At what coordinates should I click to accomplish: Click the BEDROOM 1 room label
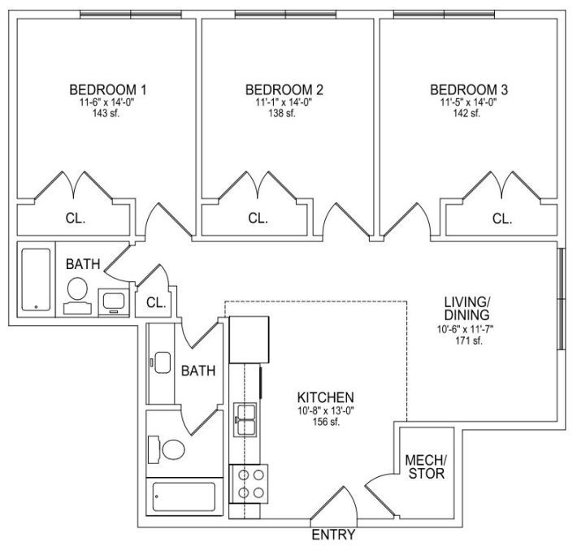coord(108,89)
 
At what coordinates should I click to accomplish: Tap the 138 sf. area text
coord(282,113)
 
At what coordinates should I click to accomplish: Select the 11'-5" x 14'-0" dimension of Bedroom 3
coord(468,102)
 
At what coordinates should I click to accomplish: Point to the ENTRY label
coord(333,535)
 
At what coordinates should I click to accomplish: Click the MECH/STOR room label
coord(426,466)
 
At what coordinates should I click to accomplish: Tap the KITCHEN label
coord(325,397)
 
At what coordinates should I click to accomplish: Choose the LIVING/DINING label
coord(467,309)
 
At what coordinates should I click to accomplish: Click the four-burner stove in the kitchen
coord(249,484)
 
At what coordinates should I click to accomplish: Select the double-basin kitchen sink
coord(245,420)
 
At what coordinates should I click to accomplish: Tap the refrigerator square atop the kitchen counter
coord(249,340)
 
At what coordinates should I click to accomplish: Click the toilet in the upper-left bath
coord(78,296)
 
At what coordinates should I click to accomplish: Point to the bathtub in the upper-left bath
coord(36,280)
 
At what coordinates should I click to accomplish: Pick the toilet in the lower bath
coord(167,449)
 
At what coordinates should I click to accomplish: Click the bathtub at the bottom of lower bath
coord(184,497)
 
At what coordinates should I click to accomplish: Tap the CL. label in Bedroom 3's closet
coord(502,219)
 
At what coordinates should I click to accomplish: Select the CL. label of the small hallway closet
coord(156,302)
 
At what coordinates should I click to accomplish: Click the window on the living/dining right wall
coord(561,299)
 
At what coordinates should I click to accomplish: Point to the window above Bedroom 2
coord(285,15)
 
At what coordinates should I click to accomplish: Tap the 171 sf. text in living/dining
coord(468,341)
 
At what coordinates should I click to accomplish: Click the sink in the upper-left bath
coord(114,302)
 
